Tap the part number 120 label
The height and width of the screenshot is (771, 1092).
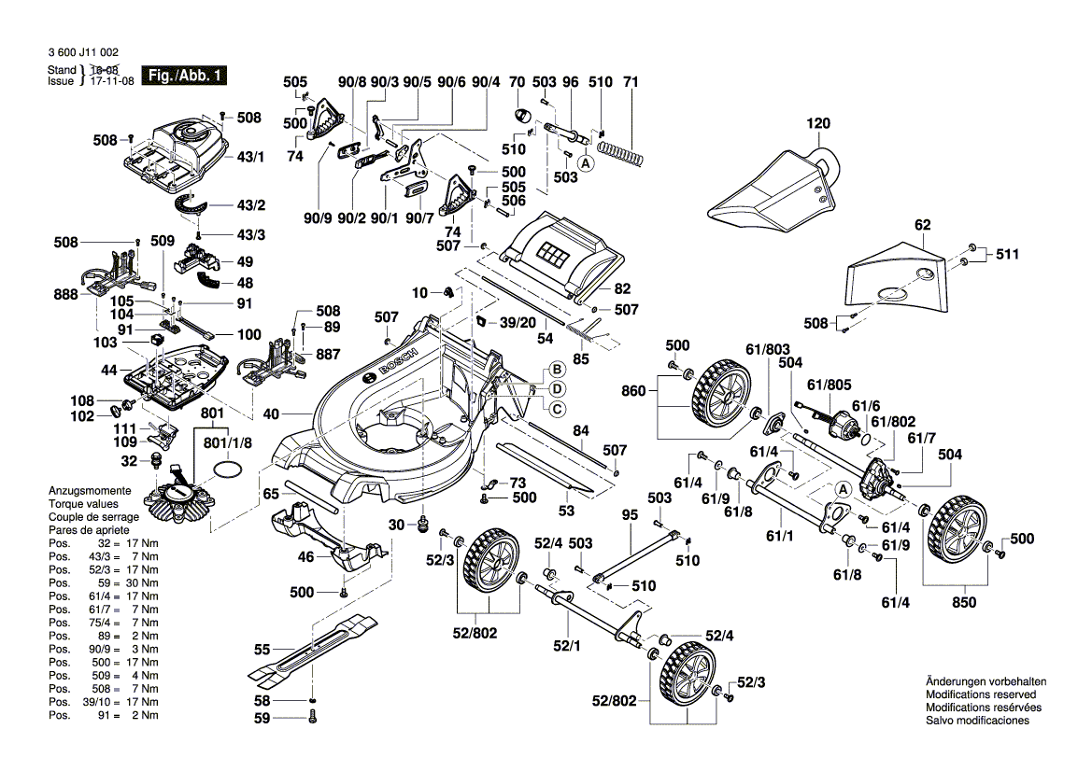[818, 123]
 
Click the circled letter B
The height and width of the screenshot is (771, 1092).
[555, 369]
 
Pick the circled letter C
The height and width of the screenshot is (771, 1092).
[556, 408]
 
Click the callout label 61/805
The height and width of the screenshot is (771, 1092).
[830, 384]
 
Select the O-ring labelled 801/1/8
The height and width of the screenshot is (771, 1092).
[227, 468]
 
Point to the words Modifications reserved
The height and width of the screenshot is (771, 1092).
[980, 695]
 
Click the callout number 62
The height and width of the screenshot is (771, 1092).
[923, 225]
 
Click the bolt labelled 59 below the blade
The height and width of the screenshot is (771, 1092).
[312, 718]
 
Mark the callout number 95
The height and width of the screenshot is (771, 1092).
[630, 514]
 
